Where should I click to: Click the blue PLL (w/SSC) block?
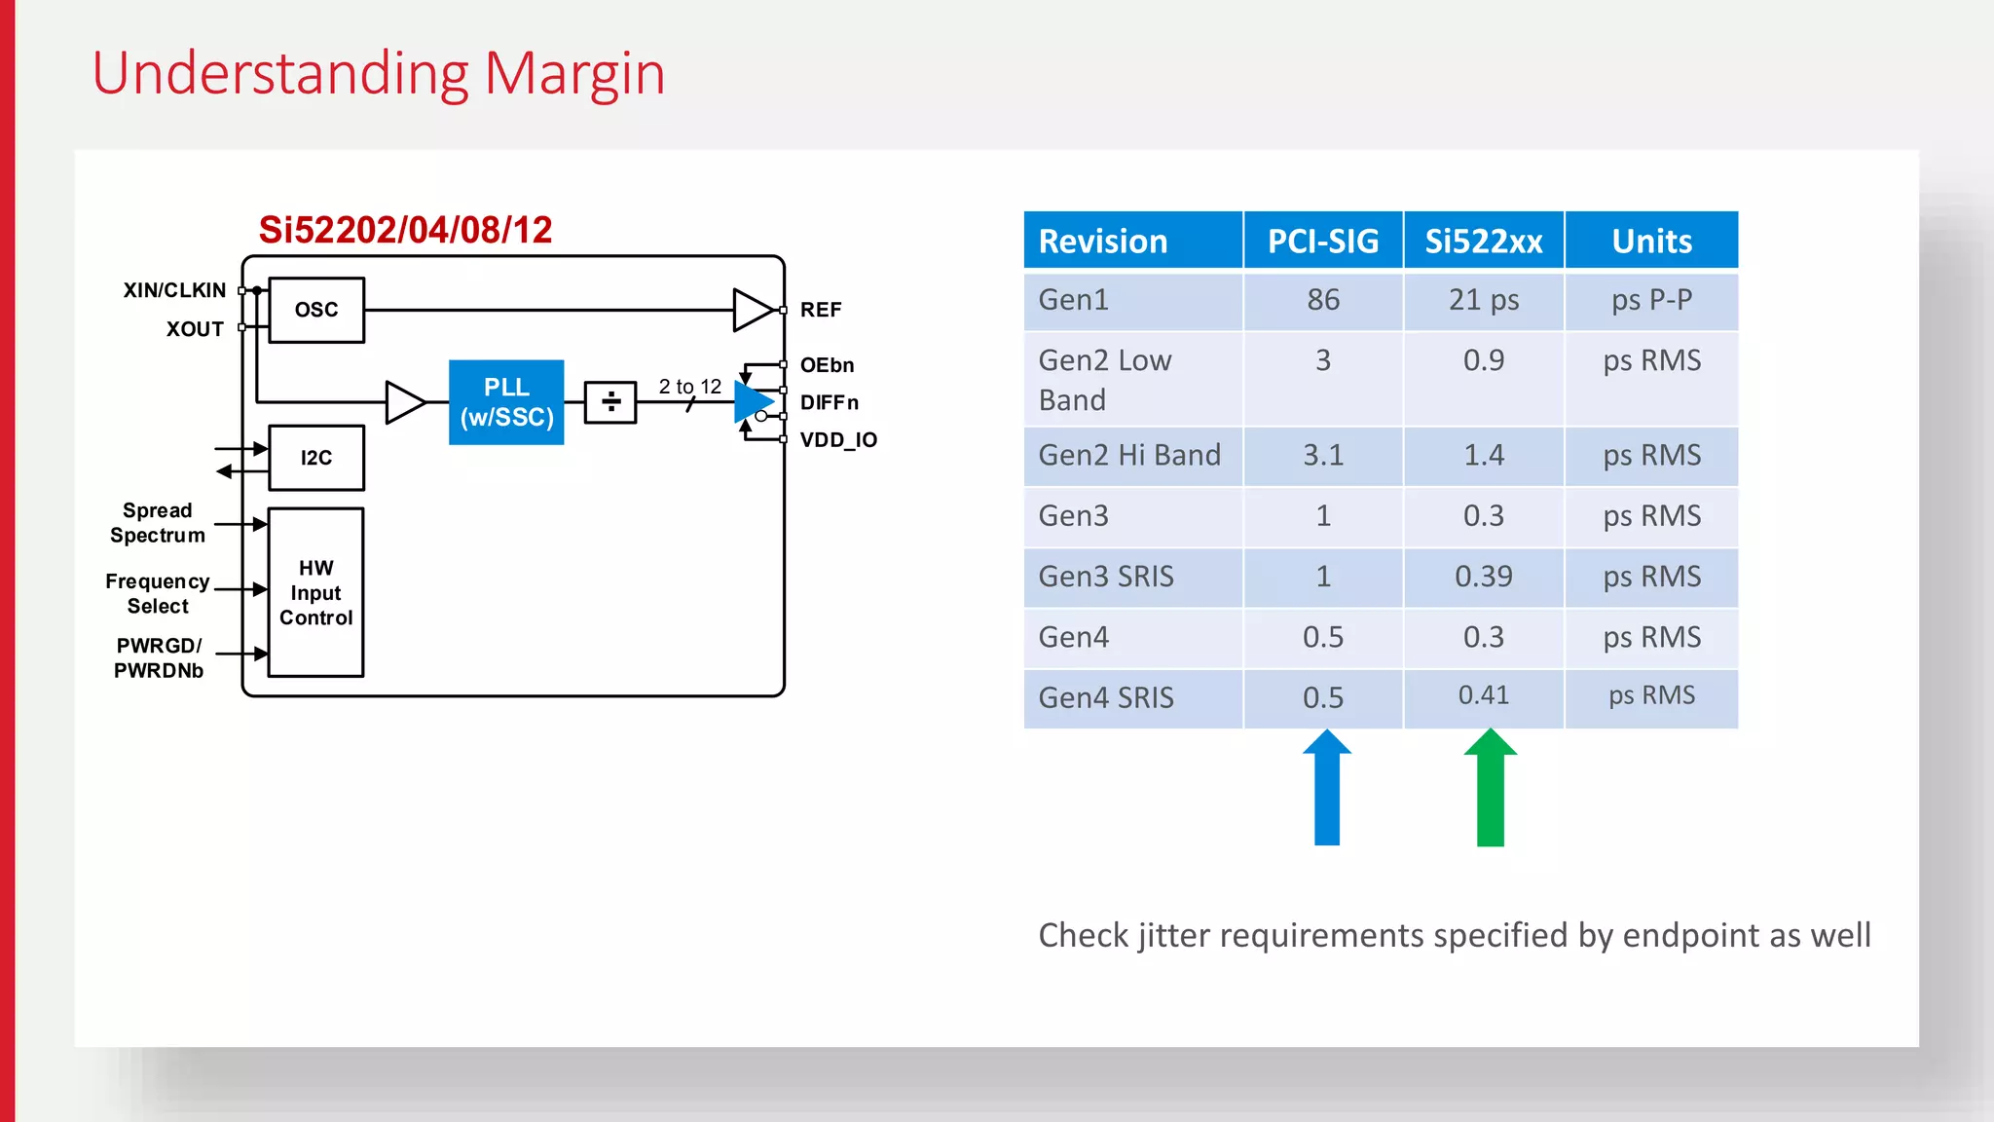[x=506, y=402]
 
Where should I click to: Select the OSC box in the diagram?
[x=316, y=310]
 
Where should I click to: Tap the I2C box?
[x=316, y=458]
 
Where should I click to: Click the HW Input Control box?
[x=315, y=592]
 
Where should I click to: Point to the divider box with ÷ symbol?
[x=610, y=401]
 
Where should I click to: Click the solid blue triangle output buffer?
[x=752, y=401]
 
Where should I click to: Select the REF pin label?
[x=821, y=310]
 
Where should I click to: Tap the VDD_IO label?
[x=838, y=440]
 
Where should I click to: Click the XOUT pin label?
[x=195, y=329]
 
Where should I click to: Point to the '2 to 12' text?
[x=689, y=387]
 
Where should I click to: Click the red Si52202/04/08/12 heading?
[x=405, y=230]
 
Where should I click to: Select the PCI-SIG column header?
[x=1322, y=241]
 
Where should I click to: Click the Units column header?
[x=1651, y=241]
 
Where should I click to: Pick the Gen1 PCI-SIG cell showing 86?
[x=1322, y=300]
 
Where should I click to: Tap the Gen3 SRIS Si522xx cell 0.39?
[x=1483, y=577]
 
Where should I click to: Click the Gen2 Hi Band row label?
[x=1129, y=455]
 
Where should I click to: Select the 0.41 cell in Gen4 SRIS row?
[x=1483, y=695]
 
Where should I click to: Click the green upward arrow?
[x=1490, y=789]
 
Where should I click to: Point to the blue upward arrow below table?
[x=1326, y=789]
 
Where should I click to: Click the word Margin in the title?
[x=574, y=74]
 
